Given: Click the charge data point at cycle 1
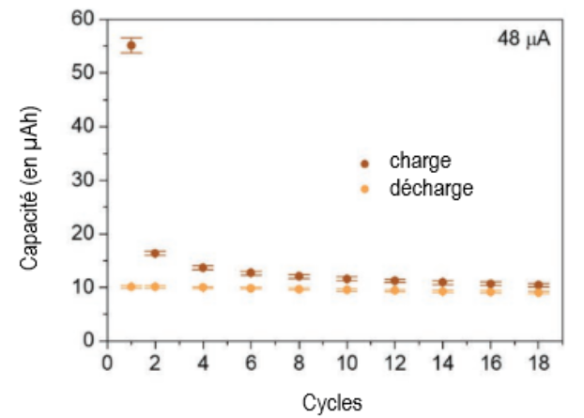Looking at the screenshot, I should pyautogui.click(x=131, y=45).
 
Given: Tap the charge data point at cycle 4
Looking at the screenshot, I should pyautogui.click(x=204, y=268).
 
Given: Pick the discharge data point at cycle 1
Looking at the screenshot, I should pyautogui.click(x=131, y=286).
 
